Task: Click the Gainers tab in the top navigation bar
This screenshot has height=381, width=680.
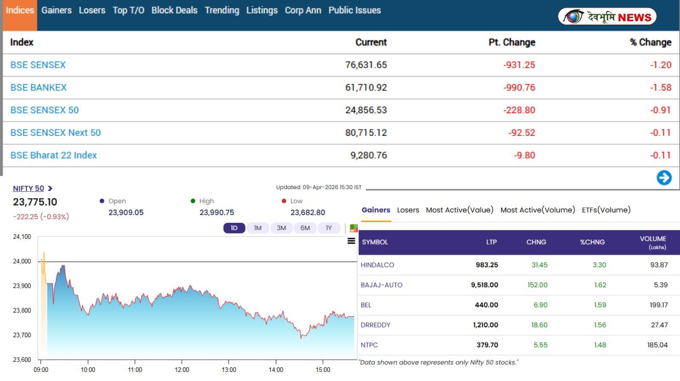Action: coord(57,10)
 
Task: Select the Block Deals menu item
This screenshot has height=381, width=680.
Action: coord(174,10)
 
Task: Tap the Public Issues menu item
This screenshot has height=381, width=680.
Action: coord(354,10)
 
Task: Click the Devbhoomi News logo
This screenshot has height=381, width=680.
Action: coord(607,17)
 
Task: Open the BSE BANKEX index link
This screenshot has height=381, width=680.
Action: coord(38,88)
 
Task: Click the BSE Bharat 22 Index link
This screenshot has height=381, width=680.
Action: coord(54,155)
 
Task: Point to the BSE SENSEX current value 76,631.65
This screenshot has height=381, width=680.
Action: coord(366,65)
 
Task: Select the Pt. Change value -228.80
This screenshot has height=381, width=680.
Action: coord(519,110)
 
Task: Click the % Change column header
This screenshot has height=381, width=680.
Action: coord(650,42)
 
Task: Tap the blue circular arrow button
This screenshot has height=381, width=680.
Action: coord(664,178)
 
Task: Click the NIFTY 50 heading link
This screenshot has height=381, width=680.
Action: coord(28,188)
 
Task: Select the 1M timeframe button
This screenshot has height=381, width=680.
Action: coord(258,228)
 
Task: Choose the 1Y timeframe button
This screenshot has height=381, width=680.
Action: coord(329,228)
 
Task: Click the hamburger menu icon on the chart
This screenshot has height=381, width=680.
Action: coord(351,241)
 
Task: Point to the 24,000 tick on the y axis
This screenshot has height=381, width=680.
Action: coord(22,261)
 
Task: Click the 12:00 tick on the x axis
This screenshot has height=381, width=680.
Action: coord(182,370)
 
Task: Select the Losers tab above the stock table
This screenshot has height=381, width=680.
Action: coord(408,210)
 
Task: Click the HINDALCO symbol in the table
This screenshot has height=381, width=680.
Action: coord(377,265)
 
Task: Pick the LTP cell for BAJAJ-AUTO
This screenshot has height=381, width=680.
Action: coord(484,285)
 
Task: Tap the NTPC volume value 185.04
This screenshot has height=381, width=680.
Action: coord(657,345)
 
